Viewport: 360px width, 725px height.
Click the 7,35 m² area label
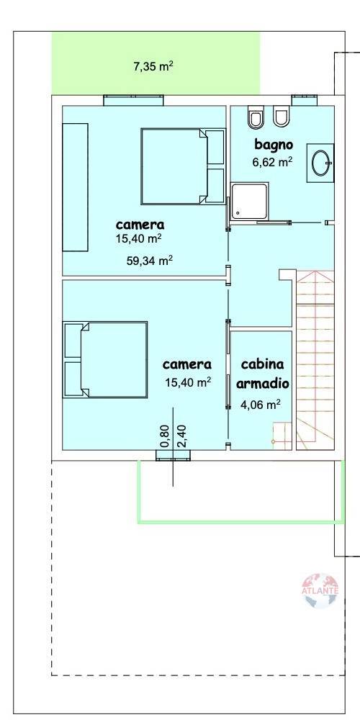coord(153,66)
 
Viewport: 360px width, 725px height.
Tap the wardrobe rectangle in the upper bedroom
coord(75,187)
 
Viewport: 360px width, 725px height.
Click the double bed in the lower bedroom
coord(105,359)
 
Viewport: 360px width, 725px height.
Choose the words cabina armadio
coord(261,372)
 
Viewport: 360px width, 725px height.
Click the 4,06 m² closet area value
coord(260,404)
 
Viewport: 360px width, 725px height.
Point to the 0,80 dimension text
coord(164,436)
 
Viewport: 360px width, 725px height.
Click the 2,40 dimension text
coord(181,436)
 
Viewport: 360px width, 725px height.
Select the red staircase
coord(315,360)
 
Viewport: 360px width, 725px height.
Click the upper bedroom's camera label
coord(140,224)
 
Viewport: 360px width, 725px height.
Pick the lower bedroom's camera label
coord(187,364)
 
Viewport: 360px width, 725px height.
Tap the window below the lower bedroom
coord(173,455)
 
